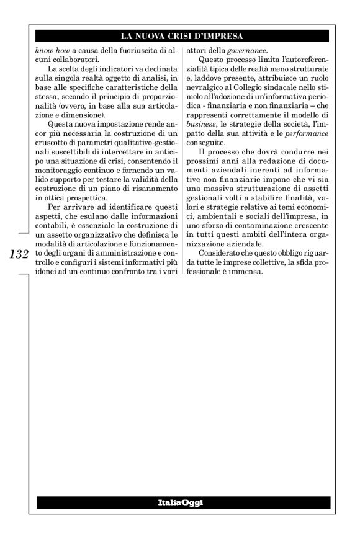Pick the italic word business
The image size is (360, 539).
[x=203, y=121]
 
